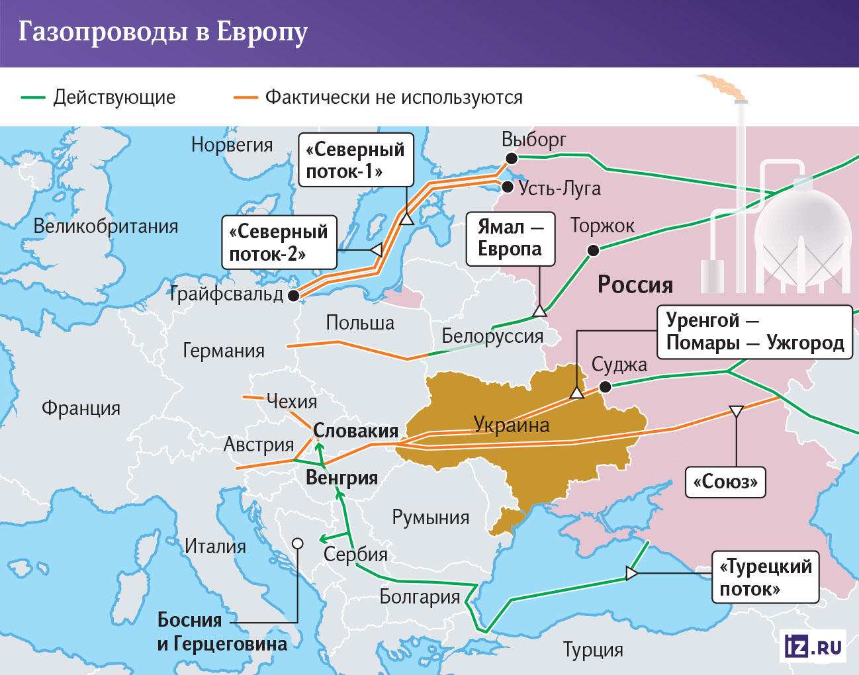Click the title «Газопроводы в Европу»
coord(163,32)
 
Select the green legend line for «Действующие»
coord(32,98)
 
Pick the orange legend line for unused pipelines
coord(245,98)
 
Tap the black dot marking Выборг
coord(512,158)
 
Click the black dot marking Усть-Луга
coord(508,187)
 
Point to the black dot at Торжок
coord(594,250)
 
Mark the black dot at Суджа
coord(605,386)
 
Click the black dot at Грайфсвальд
coord(294,296)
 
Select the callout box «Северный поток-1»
coord(356,160)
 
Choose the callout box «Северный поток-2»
coord(279,242)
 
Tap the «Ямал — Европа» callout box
coord(510,239)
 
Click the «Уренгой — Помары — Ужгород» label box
coord(754,332)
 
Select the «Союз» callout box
coord(725,482)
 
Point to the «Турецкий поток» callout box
coord(766,577)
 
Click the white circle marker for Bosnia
coord(298,543)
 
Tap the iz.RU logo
coord(813,646)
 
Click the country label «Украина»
coord(512,425)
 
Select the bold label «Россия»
coord(635,285)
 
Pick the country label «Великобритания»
coord(106,226)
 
